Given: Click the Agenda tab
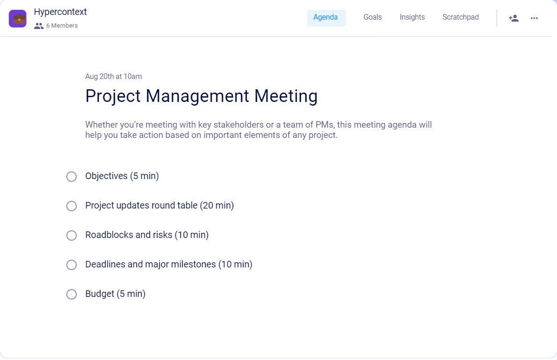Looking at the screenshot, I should point(326,18).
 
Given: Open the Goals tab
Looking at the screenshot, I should point(372,18).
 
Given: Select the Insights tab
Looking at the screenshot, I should point(412,18).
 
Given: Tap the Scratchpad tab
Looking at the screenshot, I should point(460,18).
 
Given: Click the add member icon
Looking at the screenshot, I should point(514,18).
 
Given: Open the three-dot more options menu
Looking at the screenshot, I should point(534,18).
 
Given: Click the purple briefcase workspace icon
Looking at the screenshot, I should point(18,19).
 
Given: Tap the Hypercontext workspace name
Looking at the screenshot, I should point(60,12).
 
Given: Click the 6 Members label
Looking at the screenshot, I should point(61,26).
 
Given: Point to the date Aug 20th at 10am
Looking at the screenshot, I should point(114,77).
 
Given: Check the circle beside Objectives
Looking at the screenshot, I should point(71,177).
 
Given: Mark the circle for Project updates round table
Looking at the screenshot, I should point(71,206).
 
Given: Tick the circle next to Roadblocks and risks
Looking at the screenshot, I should point(71,236).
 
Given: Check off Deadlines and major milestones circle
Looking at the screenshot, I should point(71,265).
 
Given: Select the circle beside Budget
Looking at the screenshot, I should point(71,295).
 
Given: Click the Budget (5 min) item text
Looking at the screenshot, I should point(115,294).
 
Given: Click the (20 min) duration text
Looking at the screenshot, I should point(217,206).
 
